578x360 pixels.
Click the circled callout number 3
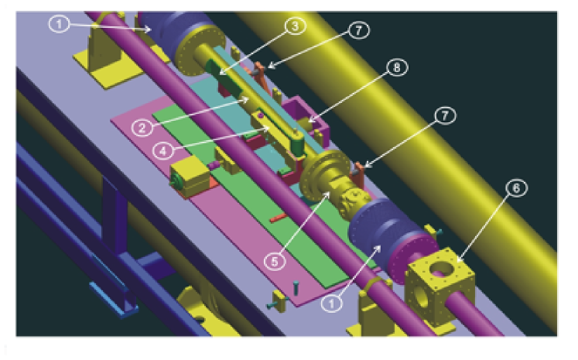pyautogui.click(x=295, y=26)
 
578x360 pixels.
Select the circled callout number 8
pyautogui.click(x=397, y=67)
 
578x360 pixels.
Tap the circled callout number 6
pyautogui.click(x=516, y=188)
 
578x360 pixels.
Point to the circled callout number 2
pyautogui.click(x=142, y=128)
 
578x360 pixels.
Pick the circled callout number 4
pyautogui.click(x=164, y=150)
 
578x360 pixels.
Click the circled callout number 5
pyautogui.click(x=275, y=262)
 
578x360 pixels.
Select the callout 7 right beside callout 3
pyautogui.click(x=359, y=30)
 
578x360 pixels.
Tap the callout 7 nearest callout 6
pyautogui.click(x=445, y=115)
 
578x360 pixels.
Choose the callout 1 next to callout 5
pyautogui.click(x=331, y=303)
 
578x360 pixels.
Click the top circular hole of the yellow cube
pyautogui.click(x=441, y=269)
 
